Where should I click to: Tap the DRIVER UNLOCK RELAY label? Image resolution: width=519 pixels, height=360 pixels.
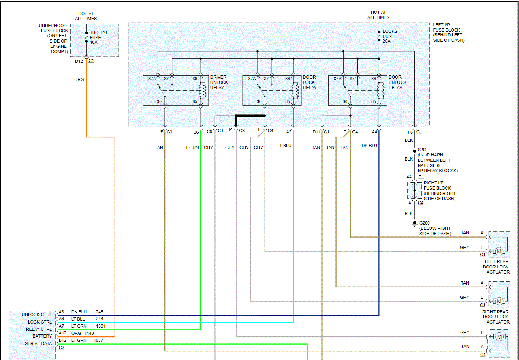pyautogui.click(x=219, y=82)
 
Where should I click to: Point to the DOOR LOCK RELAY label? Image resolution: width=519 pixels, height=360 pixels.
pyautogui.click(x=310, y=82)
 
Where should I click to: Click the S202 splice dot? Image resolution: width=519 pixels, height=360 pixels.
pyautogui.click(x=414, y=151)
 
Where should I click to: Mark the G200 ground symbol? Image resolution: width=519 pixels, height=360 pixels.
pyautogui.click(x=414, y=223)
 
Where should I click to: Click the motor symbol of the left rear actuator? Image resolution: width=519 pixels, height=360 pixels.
pyautogui.click(x=499, y=251)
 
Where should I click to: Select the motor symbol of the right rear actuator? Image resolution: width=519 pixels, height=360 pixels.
pyautogui.click(x=499, y=301)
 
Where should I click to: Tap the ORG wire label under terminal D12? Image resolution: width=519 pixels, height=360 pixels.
pyautogui.click(x=79, y=79)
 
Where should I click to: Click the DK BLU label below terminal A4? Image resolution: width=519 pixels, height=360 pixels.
pyautogui.click(x=369, y=146)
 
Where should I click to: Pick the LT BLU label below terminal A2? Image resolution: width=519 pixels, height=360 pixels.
pyautogui.click(x=284, y=146)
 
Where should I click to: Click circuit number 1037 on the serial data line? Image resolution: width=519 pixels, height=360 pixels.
pyautogui.click(x=98, y=340)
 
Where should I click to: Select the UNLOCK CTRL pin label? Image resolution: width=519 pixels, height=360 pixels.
pyautogui.click(x=37, y=315)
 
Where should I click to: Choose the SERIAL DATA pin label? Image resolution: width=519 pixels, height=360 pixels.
pyautogui.click(x=38, y=343)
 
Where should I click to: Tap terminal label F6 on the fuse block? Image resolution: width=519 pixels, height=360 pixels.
pyautogui.click(x=410, y=132)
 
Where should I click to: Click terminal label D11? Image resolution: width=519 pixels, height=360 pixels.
pyautogui.click(x=316, y=132)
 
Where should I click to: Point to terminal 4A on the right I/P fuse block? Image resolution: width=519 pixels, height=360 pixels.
pyautogui.click(x=409, y=177)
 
